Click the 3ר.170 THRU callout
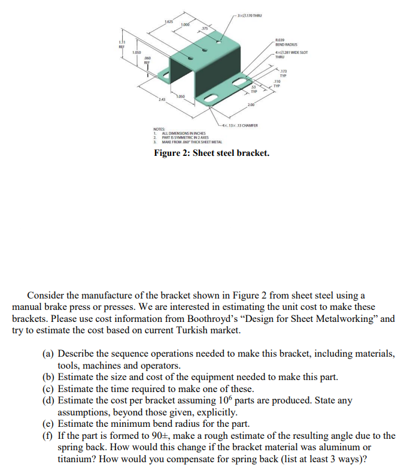coord(250,16)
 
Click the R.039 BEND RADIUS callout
coord(284,43)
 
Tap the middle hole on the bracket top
coord(192,58)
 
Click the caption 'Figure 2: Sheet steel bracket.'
coord(211,153)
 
